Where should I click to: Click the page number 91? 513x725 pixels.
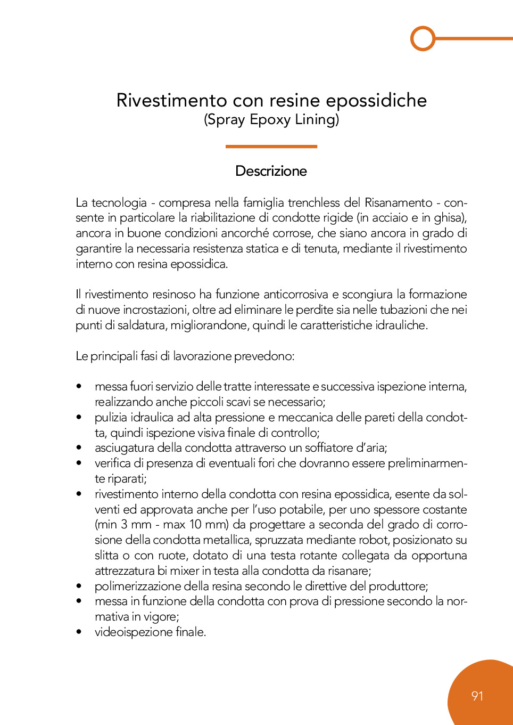point(477,696)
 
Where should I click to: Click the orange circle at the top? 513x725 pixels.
point(423,38)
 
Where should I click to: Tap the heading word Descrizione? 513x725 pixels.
point(271,171)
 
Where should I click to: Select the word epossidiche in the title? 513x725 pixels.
point(376,100)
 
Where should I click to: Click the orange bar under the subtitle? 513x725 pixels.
point(271,146)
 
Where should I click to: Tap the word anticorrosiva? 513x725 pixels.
point(296,295)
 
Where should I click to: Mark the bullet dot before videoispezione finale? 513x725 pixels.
point(79,632)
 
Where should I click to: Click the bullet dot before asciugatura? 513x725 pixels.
point(79,448)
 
